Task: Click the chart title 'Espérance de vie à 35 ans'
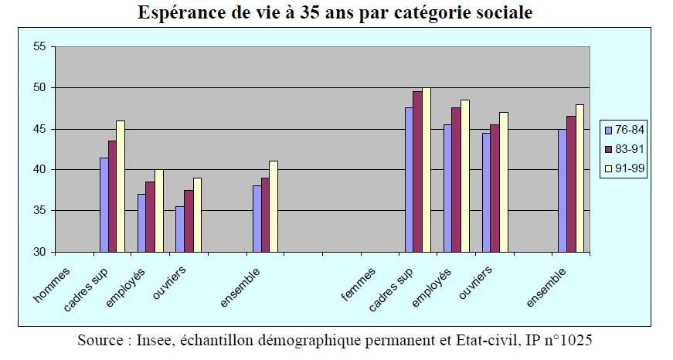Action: [335, 13]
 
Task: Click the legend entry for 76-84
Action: [626, 130]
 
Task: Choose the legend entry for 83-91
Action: [626, 148]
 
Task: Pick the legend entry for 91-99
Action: [626, 167]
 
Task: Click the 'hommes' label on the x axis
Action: [53, 284]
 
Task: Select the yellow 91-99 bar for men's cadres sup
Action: [121, 186]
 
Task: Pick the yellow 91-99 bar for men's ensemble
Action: [274, 206]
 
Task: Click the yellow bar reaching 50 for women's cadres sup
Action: [426, 170]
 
